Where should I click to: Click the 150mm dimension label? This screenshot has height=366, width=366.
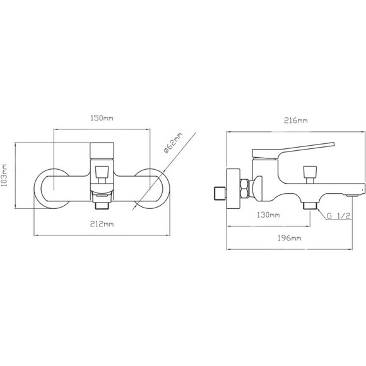click(102, 118)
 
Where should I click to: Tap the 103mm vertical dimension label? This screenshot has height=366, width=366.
click(4, 175)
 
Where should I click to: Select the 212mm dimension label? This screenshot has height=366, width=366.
click(102, 224)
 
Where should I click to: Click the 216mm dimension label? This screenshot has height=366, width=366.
click(296, 121)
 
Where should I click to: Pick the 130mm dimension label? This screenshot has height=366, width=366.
click(268, 215)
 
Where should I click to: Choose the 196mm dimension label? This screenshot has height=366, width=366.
click(289, 238)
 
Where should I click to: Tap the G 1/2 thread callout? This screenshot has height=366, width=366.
click(339, 216)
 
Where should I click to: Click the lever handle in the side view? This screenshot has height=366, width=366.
click(293, 151)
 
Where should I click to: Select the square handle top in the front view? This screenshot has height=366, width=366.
click(102, 150)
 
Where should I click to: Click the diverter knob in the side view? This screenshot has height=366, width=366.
click(310, 174)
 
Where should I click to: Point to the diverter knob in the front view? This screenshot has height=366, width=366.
click(102, 174)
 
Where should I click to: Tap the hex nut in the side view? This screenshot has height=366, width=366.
click(245, 189)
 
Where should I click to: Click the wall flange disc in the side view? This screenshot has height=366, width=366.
click(233, 189)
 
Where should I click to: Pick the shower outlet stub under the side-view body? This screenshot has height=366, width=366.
click(310, 206)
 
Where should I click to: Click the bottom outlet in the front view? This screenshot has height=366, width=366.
click(102, 206)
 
